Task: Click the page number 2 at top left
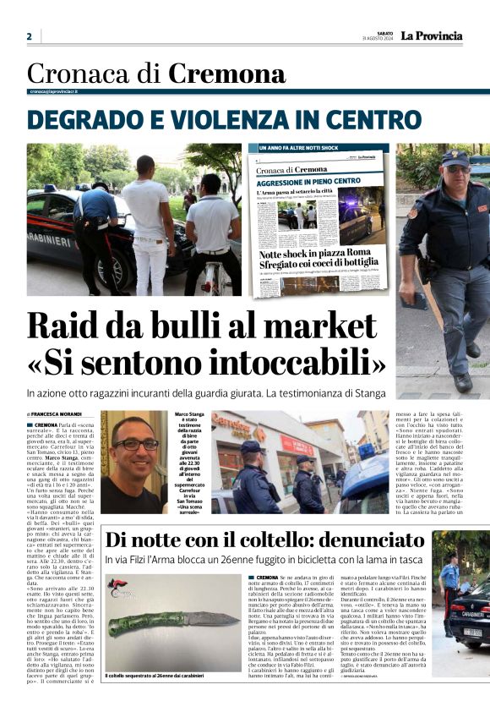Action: click(x=29, y=36)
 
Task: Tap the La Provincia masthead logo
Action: click(x=432, y=36)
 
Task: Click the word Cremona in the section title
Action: click(x=226, y=74)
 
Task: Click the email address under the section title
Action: click(x=54, y=90)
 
